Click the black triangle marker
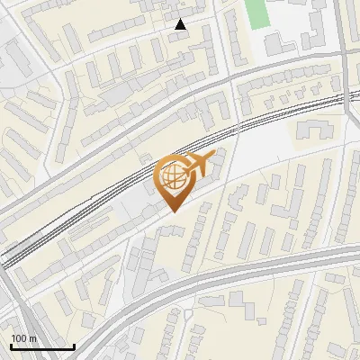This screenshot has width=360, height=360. (x=180, y=24)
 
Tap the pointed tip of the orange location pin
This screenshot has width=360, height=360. (x=172, y=211)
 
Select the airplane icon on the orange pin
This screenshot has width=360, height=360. (x=197, y=164)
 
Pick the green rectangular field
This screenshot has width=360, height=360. (x=256, y=13)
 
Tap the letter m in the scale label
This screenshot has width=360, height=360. (x=33, y=338)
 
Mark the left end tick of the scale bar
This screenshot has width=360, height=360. (x=11, y=346)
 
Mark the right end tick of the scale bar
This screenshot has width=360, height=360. (x=74, y=346)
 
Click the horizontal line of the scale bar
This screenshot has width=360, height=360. (x=42, y=347)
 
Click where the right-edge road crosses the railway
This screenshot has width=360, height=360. (x=346, y=96)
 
